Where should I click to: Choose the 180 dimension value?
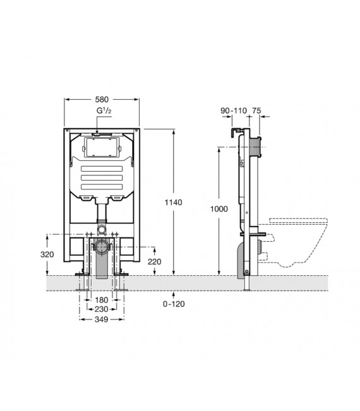(x=102, y=300)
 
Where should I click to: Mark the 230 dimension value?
(x=101, y=309)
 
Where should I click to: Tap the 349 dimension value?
(x=102, y=319)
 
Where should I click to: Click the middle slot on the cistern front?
(x=102, y=178)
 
